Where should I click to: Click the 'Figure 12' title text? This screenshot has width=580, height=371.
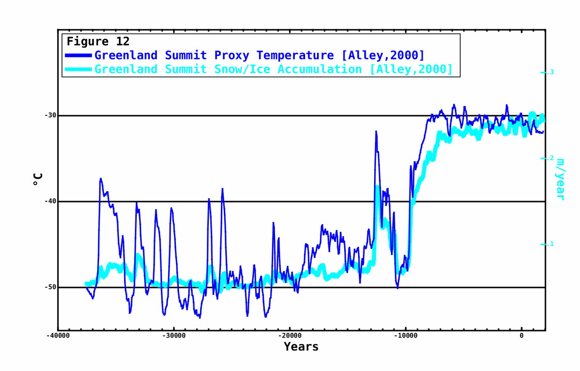click(98, 42)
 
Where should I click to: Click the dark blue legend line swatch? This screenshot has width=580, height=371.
click(78, 56)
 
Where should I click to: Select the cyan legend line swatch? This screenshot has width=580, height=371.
click(78, 69)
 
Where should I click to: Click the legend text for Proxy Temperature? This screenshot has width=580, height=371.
click(259, 56)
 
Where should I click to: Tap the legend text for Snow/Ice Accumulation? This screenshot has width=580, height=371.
click(274, 69)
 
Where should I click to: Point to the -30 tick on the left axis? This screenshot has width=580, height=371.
click(50, 115)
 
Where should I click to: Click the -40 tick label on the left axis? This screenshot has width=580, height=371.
click(50, 201)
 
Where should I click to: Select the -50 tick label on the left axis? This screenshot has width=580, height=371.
click(50, 287)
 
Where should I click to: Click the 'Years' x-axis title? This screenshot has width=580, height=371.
click(301, 347)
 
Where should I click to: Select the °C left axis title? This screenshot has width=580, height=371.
click(38, 180)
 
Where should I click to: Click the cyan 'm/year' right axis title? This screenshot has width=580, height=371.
click(561, 179)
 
